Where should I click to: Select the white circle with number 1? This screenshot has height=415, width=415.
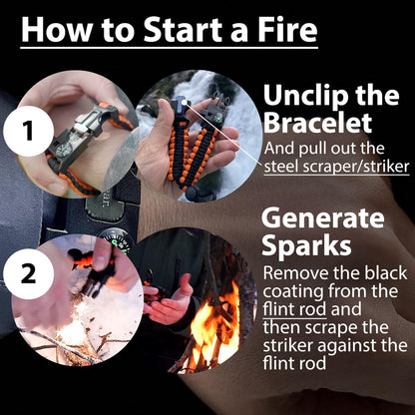coord(33,130)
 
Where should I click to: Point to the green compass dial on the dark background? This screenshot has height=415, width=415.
coord(115,241)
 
